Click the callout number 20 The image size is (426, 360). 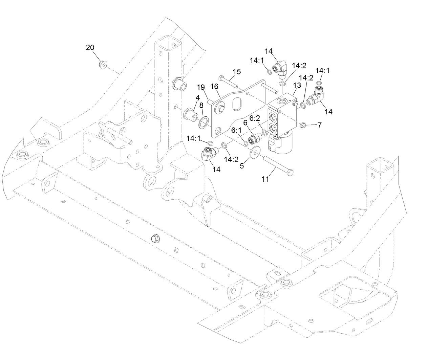(90, 48)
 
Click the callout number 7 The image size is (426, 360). (319, 125)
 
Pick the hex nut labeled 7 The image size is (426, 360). (303, 126)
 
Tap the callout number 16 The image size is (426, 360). (214, 87)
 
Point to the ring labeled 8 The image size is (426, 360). (204, 122)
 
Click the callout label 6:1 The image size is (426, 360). (236, 130)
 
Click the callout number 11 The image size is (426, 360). (265, 179)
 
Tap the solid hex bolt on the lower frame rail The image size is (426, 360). (155, 239)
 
